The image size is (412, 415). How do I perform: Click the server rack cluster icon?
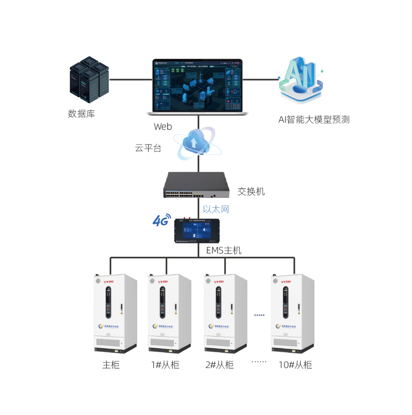pos(89,80)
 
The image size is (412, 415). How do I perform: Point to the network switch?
pos(196,185)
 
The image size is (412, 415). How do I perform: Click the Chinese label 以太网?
pos(216,209)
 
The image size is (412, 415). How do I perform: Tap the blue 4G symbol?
pos(161,220)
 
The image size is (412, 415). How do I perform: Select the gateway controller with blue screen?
pos(197,230)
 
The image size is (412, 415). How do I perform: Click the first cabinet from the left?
pos(115,313)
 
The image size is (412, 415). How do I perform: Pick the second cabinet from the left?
pos(169,313)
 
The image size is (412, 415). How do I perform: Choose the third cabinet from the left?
pos(225,313)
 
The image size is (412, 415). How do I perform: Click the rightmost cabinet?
pos(292,313)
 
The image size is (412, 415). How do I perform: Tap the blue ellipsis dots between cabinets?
pos(259,315)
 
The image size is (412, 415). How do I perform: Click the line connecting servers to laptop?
pos(130,80)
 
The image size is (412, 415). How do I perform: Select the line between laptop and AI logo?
pos(260,80)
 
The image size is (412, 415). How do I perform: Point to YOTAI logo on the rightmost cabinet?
pos(286,282)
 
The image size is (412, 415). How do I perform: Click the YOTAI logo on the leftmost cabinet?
pos(109,282)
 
